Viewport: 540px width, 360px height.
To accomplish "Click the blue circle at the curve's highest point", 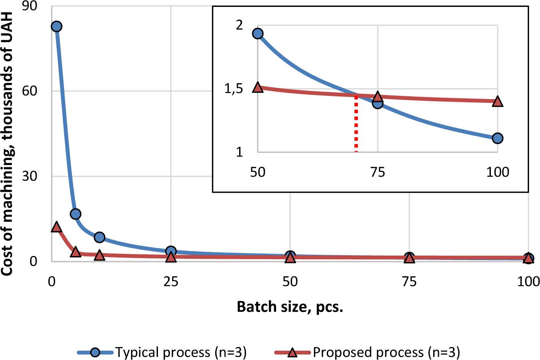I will pos(56,26).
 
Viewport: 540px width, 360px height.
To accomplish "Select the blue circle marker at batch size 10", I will pos(99,237).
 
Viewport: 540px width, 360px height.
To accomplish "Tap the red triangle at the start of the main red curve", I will pos(56,227).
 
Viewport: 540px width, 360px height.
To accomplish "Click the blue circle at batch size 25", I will pos(171,252).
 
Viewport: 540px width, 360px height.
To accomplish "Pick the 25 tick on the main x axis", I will pos(171,281).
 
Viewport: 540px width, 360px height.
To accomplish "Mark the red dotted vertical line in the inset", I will pos(356,124).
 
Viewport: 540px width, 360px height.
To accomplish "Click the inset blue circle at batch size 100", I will pos(497,138).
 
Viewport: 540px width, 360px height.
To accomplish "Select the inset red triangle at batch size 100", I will pos(497,101).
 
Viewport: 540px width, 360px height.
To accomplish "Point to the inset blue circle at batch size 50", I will pos(258,33).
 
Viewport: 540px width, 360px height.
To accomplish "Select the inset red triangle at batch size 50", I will pos(258,87).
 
